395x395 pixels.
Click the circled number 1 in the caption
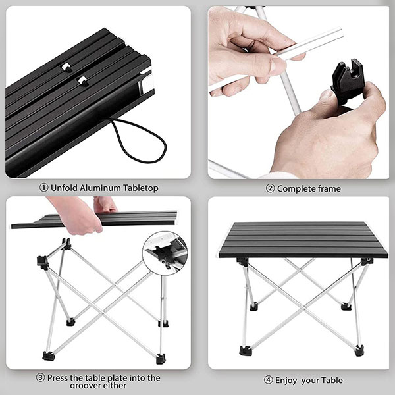43,188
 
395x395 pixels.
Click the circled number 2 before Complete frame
269,188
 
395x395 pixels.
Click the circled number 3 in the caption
40,378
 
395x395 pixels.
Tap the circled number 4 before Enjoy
268,380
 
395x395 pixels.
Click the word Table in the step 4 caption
332,380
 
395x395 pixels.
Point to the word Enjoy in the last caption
290,380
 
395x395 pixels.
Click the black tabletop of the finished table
303,239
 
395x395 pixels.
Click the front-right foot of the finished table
359,351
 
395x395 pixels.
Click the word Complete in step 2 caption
296,188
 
